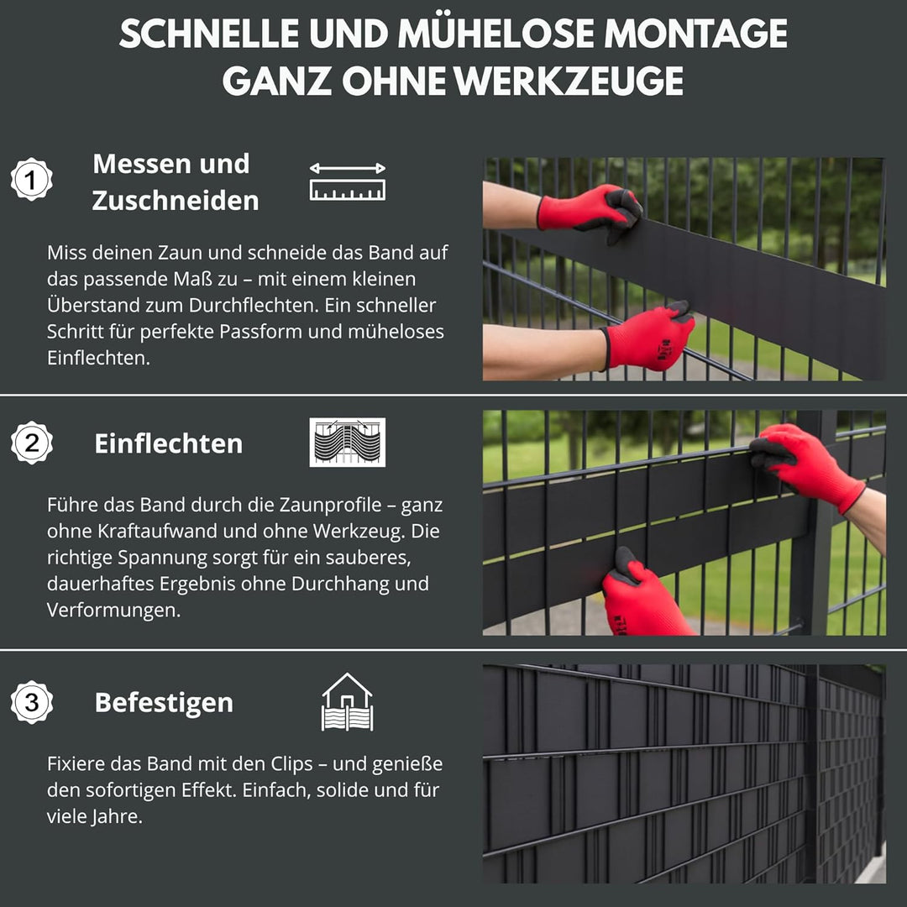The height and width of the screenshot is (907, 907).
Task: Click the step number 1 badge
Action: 32,179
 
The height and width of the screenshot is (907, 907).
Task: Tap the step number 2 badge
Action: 32,443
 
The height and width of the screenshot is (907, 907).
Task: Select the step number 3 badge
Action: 32,702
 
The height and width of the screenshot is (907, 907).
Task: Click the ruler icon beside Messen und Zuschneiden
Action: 347,181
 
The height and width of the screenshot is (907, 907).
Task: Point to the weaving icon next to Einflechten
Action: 347,442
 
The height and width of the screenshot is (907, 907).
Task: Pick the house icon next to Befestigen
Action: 347,701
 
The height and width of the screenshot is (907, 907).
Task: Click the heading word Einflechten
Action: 168,443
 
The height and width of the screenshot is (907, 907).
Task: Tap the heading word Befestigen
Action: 164,702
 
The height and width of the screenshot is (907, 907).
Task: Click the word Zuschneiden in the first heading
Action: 176,201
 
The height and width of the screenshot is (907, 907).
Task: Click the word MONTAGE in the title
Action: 695,34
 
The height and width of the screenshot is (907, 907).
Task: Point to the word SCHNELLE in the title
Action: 209,34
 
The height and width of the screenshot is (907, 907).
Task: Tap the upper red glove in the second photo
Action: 802,464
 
